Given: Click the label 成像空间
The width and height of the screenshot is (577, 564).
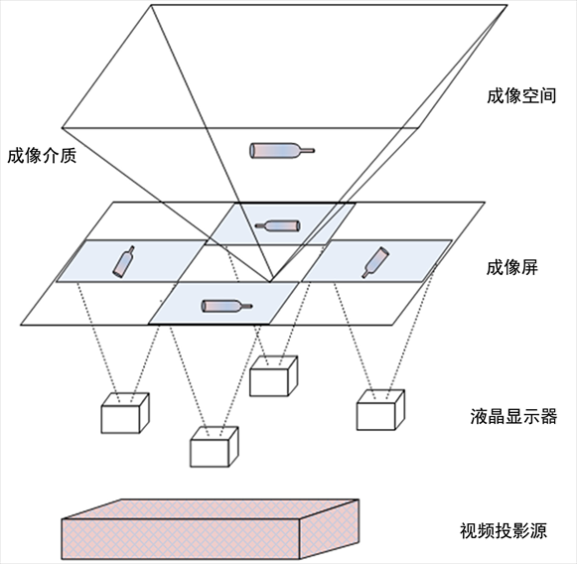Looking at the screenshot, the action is coord(521,96).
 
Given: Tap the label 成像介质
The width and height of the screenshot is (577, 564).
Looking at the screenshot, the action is coord(42,156).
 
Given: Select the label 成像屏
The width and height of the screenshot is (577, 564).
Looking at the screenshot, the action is coord(511,267).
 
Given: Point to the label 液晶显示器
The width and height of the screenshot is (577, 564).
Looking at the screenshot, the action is coord(513,416).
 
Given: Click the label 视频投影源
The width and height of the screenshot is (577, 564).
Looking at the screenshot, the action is coord(504,530).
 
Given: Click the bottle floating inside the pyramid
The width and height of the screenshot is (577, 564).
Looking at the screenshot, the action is coord(282,151).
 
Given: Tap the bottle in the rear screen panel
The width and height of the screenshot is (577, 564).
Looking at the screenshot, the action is coord(278,225).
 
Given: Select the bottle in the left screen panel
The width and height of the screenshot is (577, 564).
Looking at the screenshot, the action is coord(123,261).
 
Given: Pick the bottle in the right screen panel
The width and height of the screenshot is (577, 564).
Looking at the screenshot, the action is coord(375,262).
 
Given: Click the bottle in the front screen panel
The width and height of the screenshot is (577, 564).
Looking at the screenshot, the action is coord(227,306).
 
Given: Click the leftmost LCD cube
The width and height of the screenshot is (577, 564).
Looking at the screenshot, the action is coord(125,413).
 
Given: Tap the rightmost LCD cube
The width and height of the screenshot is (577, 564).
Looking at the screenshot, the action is coord(380,410).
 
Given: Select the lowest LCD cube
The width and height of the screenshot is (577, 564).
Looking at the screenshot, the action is coord(215,447).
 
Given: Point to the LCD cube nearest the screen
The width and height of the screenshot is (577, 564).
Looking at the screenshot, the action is coord(273,376).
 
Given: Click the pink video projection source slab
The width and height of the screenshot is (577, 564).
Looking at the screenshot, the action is coord(210,529).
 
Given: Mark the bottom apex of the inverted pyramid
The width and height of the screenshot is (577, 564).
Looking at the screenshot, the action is coord(270,282).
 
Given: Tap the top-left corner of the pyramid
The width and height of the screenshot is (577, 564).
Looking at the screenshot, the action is coord(151,5).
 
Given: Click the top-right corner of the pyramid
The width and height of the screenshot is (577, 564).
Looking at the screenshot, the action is coord(507,6).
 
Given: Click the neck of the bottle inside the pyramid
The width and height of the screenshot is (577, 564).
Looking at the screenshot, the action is coord(307,151).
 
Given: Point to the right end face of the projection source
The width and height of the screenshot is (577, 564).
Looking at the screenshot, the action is coord(330,529).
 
